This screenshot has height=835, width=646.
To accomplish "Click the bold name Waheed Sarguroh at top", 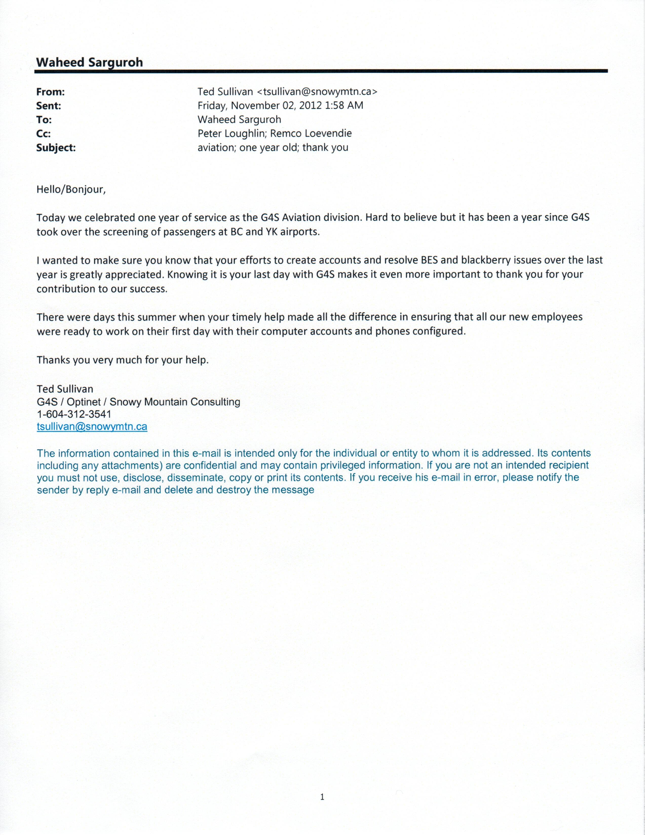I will pos(89,62).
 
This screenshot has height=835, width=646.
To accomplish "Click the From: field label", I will pos(50,92).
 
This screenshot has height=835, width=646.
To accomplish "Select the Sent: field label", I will pos(49,106).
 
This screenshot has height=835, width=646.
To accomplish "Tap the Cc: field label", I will pos(43,134).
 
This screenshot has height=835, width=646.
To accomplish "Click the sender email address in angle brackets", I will pos(317,92).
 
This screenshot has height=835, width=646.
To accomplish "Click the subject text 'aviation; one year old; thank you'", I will pos(273,148).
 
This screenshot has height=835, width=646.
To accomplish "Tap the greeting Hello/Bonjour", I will pos(71,189).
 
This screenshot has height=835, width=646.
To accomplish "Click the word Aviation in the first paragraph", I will pos(301,218).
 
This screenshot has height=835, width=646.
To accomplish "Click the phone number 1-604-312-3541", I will pos(74,414).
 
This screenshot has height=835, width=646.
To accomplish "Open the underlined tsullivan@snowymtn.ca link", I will pos(92,427).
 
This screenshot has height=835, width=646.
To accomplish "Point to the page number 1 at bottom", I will pos(322,797).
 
